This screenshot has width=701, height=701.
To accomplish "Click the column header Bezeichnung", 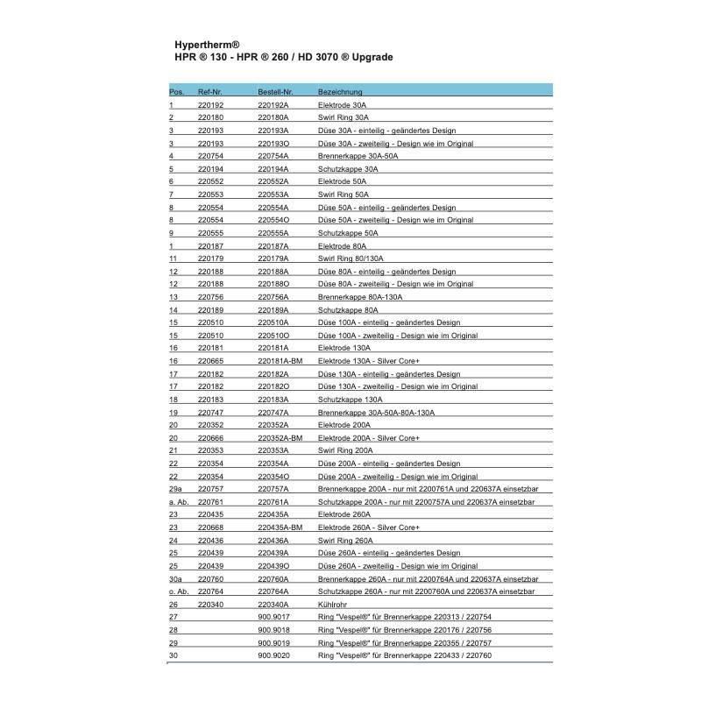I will coord(340,92).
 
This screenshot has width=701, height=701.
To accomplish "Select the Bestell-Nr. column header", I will coord(275,92).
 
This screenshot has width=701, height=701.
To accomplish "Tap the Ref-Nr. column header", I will coord(211,92).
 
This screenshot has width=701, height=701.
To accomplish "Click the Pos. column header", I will coord(176,92).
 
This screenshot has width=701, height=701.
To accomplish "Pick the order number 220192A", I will coord(273,105).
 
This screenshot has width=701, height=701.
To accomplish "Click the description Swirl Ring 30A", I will coord(343,117).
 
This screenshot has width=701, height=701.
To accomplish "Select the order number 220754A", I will coord(273,156).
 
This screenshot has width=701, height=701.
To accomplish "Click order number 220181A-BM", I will coord(280,361).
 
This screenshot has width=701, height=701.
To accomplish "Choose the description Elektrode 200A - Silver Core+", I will coord(369,437).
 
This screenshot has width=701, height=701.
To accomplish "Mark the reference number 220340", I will coord(210,604).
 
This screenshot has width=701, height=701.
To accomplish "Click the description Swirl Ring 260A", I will coord(345,540).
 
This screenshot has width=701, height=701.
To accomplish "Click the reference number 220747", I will coord(210,412).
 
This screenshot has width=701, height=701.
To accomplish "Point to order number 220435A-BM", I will coord(280,528).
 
